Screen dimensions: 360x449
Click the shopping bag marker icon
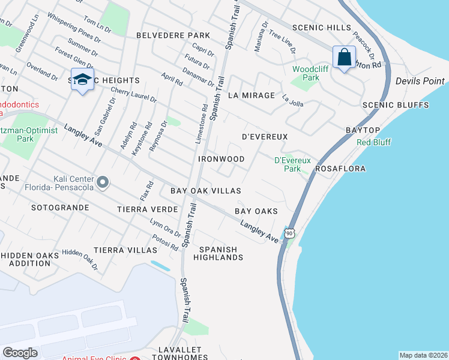(344, 58)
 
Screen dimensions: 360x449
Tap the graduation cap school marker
(82, 80)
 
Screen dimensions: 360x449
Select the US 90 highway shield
(290, 233)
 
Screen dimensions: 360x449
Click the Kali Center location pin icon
(103, 181)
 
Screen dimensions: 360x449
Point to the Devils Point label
(420, 81)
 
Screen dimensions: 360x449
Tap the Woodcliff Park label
(306, 73)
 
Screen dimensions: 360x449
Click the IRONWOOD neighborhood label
(221, 159)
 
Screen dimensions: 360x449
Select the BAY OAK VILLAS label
(206, 190)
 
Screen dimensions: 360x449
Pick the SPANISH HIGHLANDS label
(218, 253)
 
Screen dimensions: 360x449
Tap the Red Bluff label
(373, 142)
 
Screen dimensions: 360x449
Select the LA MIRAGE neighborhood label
(252, 95)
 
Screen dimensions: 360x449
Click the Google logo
(20, 353)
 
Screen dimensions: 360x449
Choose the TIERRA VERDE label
(148, 209)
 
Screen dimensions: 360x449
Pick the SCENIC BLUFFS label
(396, 105)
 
